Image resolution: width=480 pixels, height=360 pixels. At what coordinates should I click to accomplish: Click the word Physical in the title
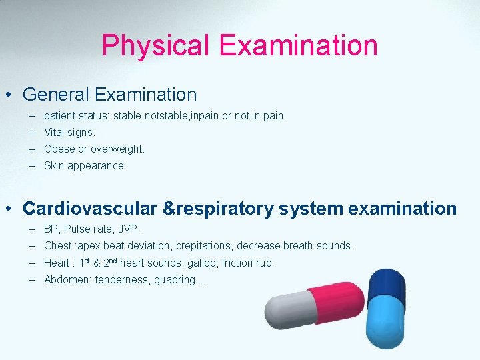[x=155, y=45]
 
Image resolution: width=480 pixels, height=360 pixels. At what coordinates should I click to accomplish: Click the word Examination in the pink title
[x=298, y=45]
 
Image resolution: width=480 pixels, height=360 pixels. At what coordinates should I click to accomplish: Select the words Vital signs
[x=69, y=133]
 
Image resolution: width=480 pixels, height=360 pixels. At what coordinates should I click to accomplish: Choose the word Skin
[x=54, y=165]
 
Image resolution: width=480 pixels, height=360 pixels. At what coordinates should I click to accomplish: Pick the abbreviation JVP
[x=129, y=229]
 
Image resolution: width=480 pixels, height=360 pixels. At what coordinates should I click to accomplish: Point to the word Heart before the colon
[x=57, y=263]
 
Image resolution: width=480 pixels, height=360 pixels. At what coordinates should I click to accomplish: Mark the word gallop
[x=199, y=263]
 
